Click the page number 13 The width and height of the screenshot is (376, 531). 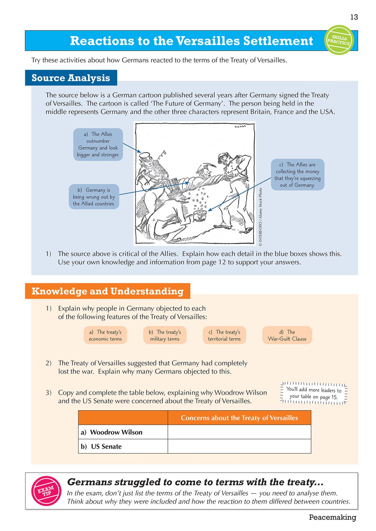coord(354,17)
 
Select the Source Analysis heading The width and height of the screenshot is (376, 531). coord(71,78)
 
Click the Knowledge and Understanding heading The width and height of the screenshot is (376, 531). coord(107,291)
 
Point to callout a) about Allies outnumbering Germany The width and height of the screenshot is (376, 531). coord(98,144)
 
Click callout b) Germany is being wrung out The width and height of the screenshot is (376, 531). coord(94,197)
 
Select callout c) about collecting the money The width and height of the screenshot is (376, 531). coord(297,175)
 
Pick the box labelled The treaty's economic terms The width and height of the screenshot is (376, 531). coord(105,335)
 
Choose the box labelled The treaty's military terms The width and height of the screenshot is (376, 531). coord(165,335)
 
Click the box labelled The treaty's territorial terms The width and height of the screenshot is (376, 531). coord(224,335)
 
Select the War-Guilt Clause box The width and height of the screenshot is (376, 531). coord(287,335)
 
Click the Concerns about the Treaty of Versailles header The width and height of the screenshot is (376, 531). coord(239,418)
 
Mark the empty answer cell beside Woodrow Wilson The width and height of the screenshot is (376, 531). coord(239,432)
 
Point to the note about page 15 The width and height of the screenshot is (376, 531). coord(314,393)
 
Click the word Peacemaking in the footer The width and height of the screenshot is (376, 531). coord(332,517)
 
